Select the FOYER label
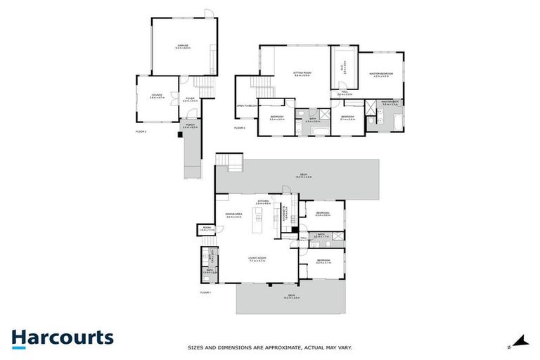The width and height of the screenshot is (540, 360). pyautogui.click(x=188, y=98)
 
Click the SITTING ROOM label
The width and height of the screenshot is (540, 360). pyautogui.click(x=302, y=72)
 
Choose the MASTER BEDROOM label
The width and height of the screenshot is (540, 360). pyautogui.click(x=381, y=73)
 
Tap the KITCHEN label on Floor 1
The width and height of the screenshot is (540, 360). pyautogui.click(x=263, y=201)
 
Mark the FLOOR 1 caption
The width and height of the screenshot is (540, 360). pyautogui.click(x=205, y=291)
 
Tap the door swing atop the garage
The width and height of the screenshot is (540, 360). pyautogui.click(x=207, y=13)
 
